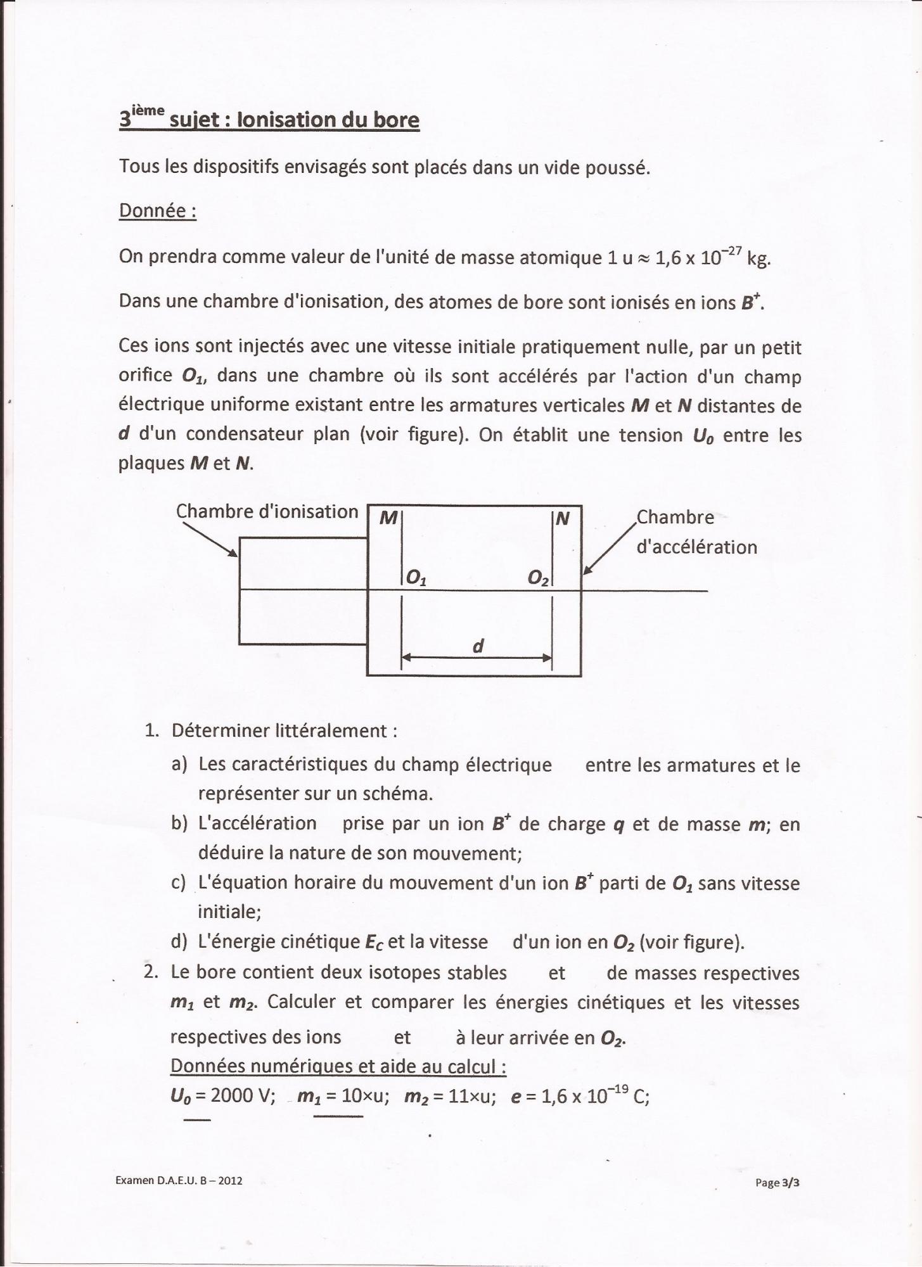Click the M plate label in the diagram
[388, 519]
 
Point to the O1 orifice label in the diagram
[416, 577]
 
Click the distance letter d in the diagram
[478, 646]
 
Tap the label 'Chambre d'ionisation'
[267, 511]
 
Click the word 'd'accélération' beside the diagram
[696, 547]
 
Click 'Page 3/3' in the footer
[777, 1182]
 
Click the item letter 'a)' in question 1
[179, 764]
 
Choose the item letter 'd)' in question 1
[179, 942]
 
